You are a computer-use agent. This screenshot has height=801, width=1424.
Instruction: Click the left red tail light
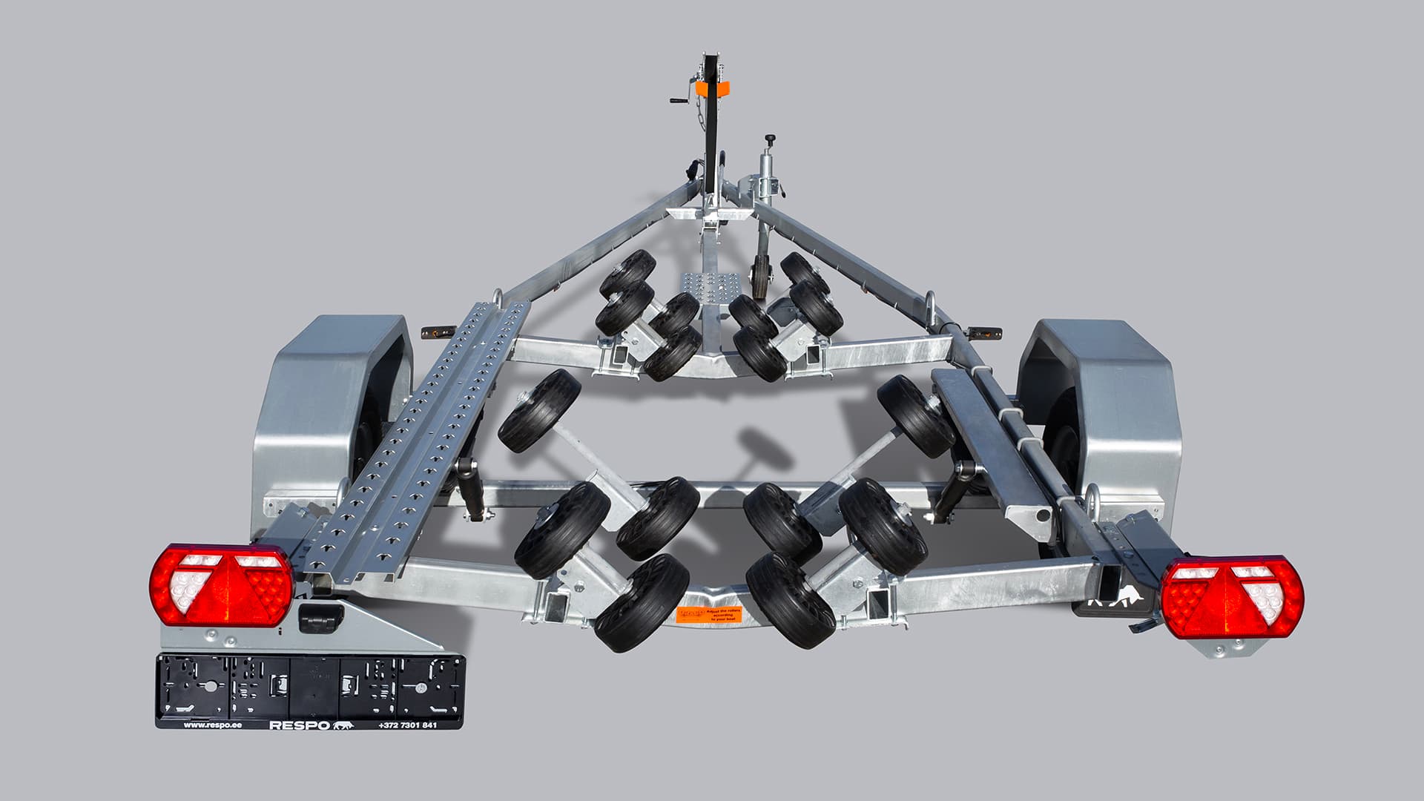click(x=221, y=587)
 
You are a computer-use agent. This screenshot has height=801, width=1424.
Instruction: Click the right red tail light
click(x=1231, y=597)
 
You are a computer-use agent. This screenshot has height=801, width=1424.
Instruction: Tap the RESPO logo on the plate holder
click(x=300, y=725)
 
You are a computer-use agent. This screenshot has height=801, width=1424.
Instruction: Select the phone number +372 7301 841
click(x=407, y=725)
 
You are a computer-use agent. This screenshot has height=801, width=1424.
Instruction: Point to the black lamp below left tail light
click(x=320, y=615)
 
